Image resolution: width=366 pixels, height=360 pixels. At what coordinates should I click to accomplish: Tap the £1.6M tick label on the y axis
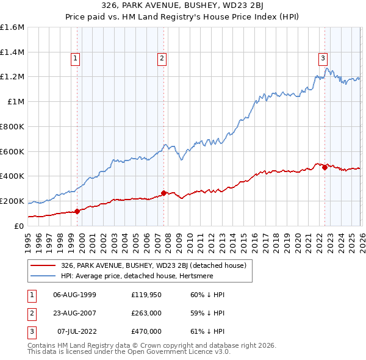click(12, 27)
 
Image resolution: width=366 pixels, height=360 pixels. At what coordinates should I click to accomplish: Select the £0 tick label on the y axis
click(20, 226)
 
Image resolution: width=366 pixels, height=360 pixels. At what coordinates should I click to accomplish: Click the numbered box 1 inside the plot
click(75, 59)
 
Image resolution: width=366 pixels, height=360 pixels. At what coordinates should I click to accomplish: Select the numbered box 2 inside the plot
click(162, 59)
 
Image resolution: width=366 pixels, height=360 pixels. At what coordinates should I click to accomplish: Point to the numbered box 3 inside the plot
click(322, 59)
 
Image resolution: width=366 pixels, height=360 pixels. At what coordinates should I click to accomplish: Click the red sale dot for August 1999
click(77, 211)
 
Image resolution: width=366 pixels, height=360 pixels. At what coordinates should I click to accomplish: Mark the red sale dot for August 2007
click(163, 193)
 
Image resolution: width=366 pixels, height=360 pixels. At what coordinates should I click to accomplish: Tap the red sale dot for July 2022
click(325, 168)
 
